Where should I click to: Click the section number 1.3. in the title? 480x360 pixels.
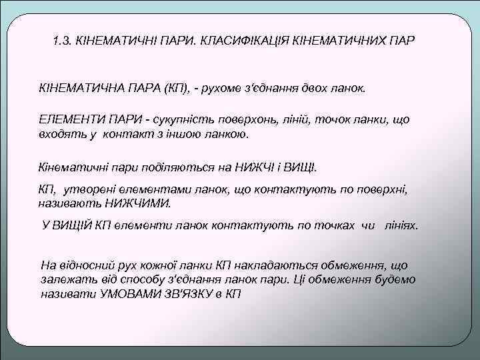[63, 41]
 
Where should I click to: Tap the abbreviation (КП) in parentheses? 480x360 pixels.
[178, 89]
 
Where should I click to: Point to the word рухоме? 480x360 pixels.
[228, 89]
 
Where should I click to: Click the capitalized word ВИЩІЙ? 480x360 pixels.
[73, 225]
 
